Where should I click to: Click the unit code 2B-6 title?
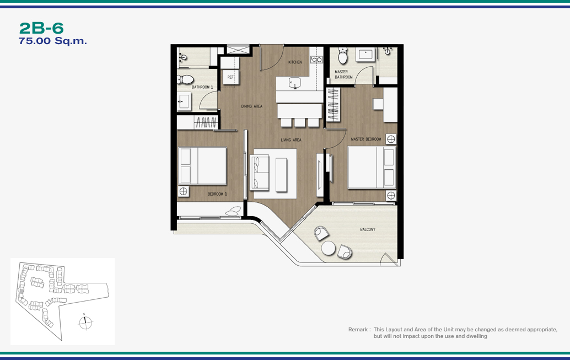click(x=41, y=28)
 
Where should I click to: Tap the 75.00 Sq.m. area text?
click(x=53, y=41)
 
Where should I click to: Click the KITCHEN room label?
click(x=295, y=62)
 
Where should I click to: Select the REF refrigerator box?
click(x=230, y=77)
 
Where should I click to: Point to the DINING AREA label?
click(x=251, y=106)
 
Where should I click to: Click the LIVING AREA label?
click(x=291, y=140)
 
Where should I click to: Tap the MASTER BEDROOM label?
click(x=365, y=139)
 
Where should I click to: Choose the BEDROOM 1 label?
click(x=217, y=194)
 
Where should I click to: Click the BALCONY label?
click(x=368, y=229)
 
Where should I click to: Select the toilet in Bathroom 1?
click(x=185, y=79)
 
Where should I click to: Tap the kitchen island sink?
click(x=295, y=83)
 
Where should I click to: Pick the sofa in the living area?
click(x=259, y=172)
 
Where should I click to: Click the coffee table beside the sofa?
click(x=281, y=175)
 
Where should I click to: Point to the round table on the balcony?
click(x=328, y=248)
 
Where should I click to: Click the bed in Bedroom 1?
click(x=202, y=165)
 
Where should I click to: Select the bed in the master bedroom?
click(x=372, y=167)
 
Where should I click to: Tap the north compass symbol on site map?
click(x=85, y=322)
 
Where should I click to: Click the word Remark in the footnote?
click(x=358, y=330)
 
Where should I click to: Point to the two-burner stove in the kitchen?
click(x=316, y=60)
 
